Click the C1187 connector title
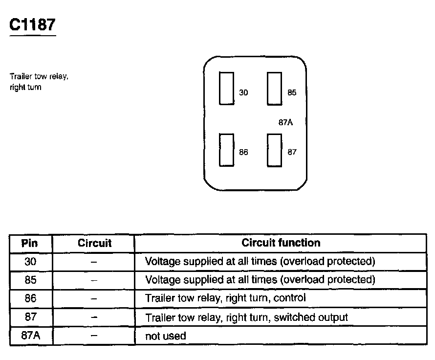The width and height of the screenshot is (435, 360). [33, 25]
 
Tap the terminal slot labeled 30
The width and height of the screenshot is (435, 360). [226, 88]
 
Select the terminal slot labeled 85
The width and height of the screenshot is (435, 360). [274, 88]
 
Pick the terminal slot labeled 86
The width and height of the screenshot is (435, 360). [226, 150]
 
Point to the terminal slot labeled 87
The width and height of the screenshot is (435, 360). [274, 150]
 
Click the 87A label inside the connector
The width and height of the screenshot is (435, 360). [285, 122]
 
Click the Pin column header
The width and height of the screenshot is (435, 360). [30, 243]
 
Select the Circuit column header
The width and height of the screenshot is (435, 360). [94, 243]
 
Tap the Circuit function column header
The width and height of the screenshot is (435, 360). [281, 243]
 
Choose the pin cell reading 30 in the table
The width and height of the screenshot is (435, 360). [30, 261]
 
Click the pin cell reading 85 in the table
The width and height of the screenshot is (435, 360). [30, 280]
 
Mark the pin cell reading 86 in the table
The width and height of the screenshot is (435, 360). [30, 298]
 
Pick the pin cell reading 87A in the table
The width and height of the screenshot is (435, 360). [30, 336]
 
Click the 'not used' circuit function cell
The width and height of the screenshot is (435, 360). [166, 336]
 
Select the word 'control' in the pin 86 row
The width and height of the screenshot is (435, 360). [290, 298]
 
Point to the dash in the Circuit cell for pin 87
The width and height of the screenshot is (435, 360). [94, 317]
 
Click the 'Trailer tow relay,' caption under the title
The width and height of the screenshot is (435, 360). [39, 77]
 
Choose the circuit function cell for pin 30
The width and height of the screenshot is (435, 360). [260, 261]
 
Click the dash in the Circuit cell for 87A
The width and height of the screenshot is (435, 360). [94, 336]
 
